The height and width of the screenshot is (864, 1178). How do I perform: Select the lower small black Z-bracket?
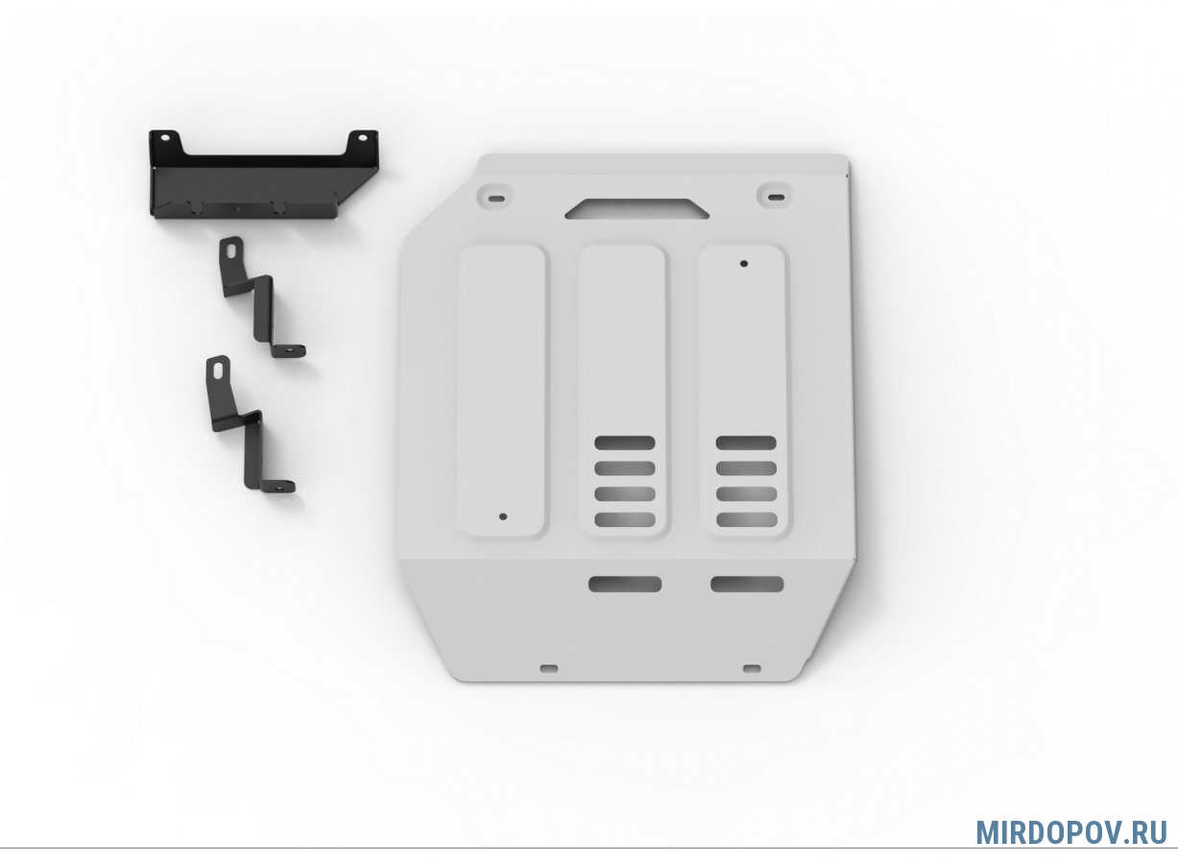pos(249,424)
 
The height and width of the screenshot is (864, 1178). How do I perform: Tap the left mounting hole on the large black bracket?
pos(165,138)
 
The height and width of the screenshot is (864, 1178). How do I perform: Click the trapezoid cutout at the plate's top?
pos(637,208)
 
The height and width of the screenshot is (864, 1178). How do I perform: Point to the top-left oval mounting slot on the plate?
pos(496,199)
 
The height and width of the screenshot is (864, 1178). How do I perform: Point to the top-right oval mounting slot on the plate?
pos(776,197)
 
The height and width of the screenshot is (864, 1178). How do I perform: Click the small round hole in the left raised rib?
pos(503,516)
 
